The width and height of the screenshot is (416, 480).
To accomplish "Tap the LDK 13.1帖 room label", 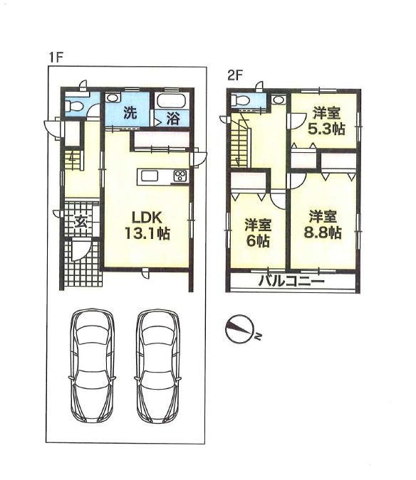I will click(148, 225).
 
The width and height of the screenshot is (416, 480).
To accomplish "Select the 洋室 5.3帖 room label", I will click(326, 121).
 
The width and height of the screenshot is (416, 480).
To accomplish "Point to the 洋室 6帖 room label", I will click(257, 233).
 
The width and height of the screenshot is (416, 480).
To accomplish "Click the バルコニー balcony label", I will click(291, 281).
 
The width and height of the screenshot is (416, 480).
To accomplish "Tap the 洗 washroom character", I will click(130, 112).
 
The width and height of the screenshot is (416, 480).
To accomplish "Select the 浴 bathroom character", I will click(172, 118).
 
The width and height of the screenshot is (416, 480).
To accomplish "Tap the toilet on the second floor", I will click(241, 101).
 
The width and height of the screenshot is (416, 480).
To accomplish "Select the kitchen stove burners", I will click(180, 177).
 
